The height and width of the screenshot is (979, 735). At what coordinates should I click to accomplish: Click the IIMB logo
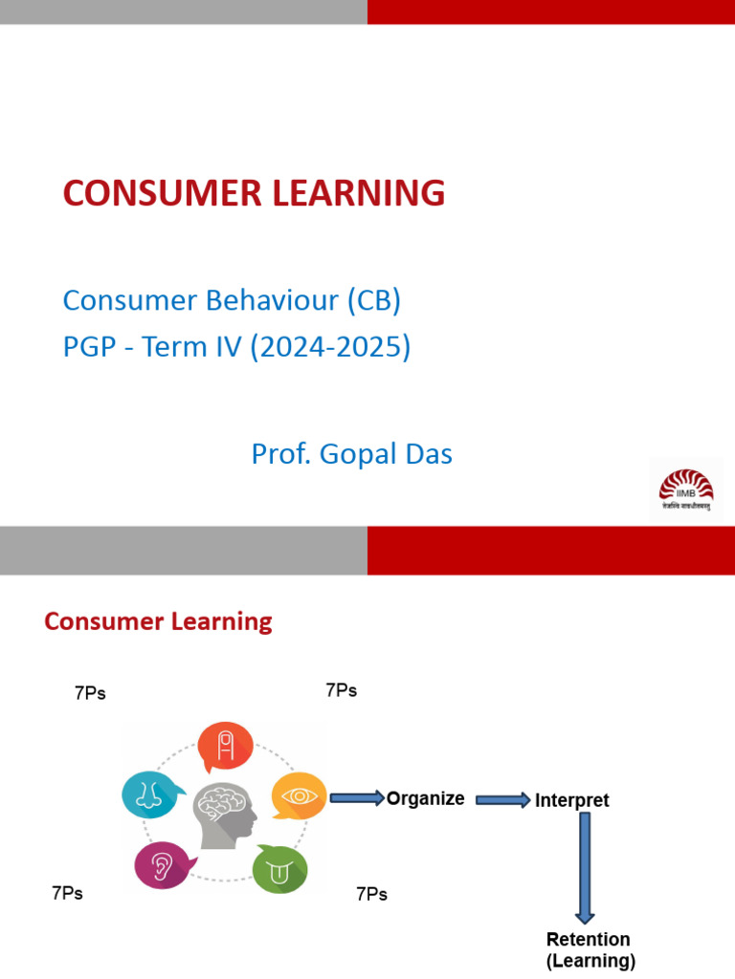point(685,489)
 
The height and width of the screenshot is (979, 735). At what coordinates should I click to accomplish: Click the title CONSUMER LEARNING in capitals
point(254,193)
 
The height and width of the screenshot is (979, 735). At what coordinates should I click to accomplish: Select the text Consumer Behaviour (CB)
point(232,300)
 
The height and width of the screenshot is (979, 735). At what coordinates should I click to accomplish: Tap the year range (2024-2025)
point(330,347)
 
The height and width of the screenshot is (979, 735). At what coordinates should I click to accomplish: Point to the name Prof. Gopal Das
point(351,454)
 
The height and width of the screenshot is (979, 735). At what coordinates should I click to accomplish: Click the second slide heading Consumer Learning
point(158,621)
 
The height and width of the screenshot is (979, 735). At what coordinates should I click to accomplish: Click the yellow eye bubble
point(298,794)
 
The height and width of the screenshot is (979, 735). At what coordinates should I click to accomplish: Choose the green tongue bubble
point(279,869)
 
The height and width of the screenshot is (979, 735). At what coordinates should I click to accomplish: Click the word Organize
point(425,798)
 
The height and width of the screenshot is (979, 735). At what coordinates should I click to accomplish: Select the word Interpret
point(571,800)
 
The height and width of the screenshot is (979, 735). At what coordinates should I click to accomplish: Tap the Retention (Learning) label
point(589,949)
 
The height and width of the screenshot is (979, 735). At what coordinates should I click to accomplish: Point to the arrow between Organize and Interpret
point(502,800)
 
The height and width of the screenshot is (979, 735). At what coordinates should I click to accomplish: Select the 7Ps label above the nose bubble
point(90,694)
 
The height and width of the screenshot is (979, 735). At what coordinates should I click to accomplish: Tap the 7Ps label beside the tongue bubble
point(371,894)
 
